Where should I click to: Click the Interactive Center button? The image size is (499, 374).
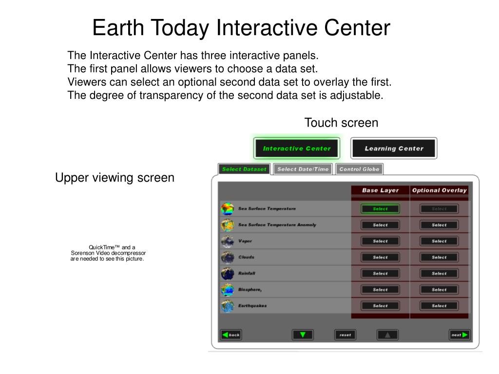click(297, 148)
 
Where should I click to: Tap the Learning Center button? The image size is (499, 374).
click(394, 148)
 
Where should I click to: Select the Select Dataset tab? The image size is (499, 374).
click(244, 169)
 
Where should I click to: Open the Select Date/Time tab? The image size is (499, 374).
click(303, 169)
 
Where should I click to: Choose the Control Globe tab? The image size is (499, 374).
click(359, 169)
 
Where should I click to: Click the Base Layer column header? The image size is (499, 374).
click(380, 190)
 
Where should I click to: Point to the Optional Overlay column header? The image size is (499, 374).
click(439, 190)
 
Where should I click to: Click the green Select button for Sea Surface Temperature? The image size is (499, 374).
click(380, 208)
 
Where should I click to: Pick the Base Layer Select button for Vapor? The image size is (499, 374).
click(380, 241)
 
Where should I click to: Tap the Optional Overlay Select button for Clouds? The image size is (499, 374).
click(439, 257)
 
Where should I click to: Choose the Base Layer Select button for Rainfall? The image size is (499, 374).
click(380, 274)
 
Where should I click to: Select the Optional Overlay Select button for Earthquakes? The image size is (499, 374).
click(439, 306)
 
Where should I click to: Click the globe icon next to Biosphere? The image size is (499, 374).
click(228, 290)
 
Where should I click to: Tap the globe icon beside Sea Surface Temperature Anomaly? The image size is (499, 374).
click(228, 225)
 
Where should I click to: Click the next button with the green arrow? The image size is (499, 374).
click(460, 335)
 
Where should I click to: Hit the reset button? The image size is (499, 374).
click(345, 335)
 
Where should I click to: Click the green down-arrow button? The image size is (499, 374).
click(303, 335)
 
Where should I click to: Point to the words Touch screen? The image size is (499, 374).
click(341, 123)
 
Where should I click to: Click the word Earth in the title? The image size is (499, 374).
click(118, 27)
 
